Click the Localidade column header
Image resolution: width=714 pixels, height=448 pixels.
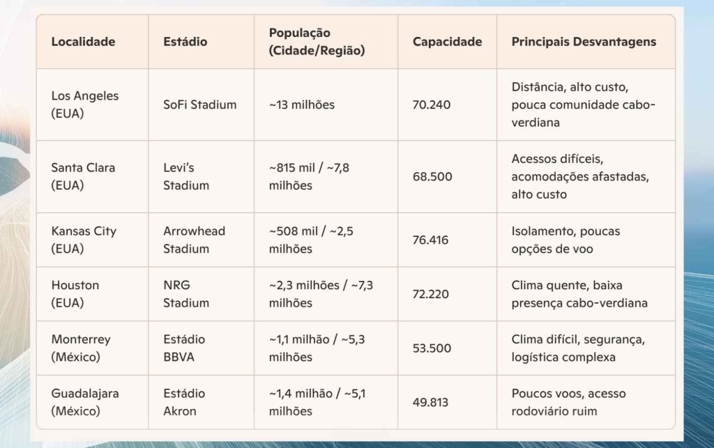(83, 42)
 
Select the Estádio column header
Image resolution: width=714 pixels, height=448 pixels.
(185, 42)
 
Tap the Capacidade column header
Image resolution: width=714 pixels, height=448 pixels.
(447, 42)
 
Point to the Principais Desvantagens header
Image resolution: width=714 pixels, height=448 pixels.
(584, 42)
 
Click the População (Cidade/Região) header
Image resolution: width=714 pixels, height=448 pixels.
(317, 42)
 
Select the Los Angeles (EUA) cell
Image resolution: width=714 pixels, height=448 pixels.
(85, 105)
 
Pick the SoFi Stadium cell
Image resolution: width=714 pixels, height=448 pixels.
(199, 105)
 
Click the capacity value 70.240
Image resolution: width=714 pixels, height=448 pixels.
(432, 105)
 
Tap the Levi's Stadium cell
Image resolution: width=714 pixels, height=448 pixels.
(186, 176)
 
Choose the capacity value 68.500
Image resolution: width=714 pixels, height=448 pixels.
(432, 176)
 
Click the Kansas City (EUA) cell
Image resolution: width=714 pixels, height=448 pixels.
(84, 240)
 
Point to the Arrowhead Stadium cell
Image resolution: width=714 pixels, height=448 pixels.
(194, 240)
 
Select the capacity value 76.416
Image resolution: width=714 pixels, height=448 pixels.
(431, 240)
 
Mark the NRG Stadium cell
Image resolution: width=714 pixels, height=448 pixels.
(186, 294)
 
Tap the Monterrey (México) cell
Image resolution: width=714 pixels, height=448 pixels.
(81, 348)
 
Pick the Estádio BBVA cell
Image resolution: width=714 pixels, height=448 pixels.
(185, 348)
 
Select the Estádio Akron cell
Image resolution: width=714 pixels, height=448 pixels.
(184, 402)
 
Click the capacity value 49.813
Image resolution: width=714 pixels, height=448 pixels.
(430, 402)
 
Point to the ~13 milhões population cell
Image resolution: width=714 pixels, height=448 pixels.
(301, 105)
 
